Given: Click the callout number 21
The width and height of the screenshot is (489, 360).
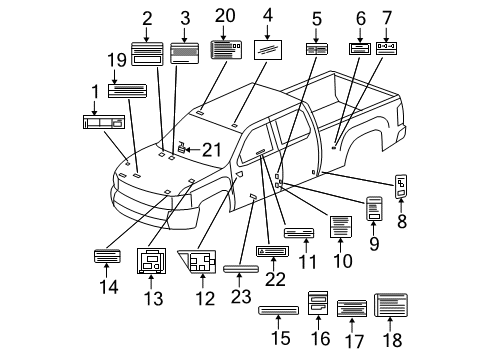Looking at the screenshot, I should coord(209,150).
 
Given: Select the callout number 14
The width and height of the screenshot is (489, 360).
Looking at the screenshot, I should coord(108,287).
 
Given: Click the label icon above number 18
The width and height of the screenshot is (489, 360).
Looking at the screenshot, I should coord(390,305).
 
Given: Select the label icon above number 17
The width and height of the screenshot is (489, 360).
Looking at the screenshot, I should coord(352,308).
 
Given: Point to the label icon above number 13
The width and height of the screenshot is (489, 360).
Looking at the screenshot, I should coord(153,263).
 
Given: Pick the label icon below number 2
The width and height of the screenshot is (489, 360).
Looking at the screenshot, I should coord(147,55).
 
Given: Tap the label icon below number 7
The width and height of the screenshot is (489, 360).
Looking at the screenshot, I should coord(385,46).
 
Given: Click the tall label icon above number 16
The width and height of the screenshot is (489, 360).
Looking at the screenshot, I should coord(317,301).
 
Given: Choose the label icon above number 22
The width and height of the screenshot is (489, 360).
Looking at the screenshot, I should coord(272,251).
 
